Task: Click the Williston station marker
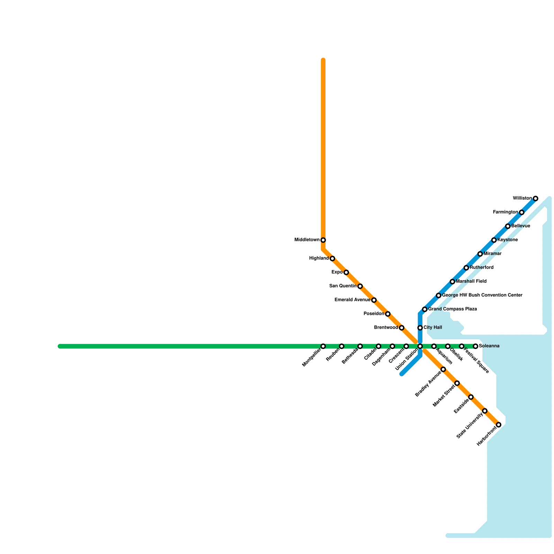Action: [x=535, y=198]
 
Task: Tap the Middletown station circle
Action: [x=323, y=240]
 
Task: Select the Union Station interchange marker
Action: [x=420, y=346]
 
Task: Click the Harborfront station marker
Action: [x=499, y=425]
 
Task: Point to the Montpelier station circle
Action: [x=323, y=346]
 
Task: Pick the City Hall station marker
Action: [x=420, y=328]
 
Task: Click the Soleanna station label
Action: [x=489, y=346]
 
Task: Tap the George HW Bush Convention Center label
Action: [x=482, y=295]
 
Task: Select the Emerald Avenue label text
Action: [x=352, y=300]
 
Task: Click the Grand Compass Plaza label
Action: [x=452, y=309]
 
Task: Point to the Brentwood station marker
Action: [x=401, y=328]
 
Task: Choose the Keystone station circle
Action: [x=494, y=240]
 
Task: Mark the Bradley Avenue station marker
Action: [x=443, y=369]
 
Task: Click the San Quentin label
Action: [x=343, y=286]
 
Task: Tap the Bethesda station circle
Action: [x=360, y=346]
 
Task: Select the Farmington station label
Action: [x=506, y=212]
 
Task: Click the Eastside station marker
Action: [x=471, y=397]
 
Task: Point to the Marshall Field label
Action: [x=471, y=282]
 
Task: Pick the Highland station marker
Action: [x=332, y=258]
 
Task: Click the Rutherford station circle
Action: [x=466, y=268]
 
